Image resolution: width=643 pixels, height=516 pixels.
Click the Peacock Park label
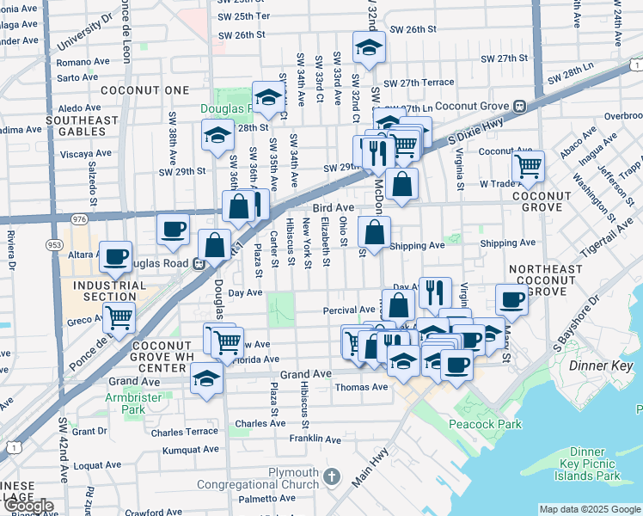point(486,424)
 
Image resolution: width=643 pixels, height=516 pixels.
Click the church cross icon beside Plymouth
point(333,476)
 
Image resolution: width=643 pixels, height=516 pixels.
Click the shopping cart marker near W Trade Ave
point(528,166)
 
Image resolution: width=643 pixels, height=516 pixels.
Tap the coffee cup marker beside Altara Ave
point(115,256)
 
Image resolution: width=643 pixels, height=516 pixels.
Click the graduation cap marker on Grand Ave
point(206,378)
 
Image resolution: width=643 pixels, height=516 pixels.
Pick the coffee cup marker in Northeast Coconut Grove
point(512,300)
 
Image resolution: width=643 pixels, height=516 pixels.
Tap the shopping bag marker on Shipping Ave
point(375,231)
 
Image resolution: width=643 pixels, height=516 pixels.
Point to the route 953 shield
point(55,244)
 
